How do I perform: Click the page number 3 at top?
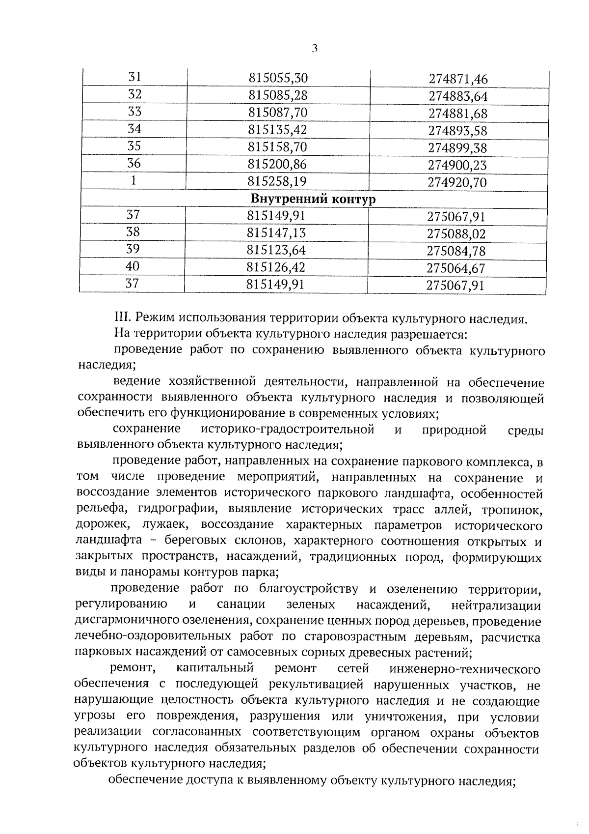(315, 48)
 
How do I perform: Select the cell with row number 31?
(134, 77)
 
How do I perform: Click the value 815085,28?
(278, 95)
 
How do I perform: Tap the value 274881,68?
(458, 114)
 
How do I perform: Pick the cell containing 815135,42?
(278, 130)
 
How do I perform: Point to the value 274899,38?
(458, 148)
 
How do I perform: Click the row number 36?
(134, 163)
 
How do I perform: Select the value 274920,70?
(457, 183)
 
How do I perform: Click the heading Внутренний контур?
(313, 199)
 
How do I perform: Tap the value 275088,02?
(456, 234)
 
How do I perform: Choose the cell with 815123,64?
(277, 250)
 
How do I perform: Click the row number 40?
(133, 266)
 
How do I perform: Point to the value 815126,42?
(277, 267)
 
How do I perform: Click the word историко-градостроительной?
(288, 430)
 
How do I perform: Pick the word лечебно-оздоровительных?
(152, 637)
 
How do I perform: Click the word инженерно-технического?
(464, 669)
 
